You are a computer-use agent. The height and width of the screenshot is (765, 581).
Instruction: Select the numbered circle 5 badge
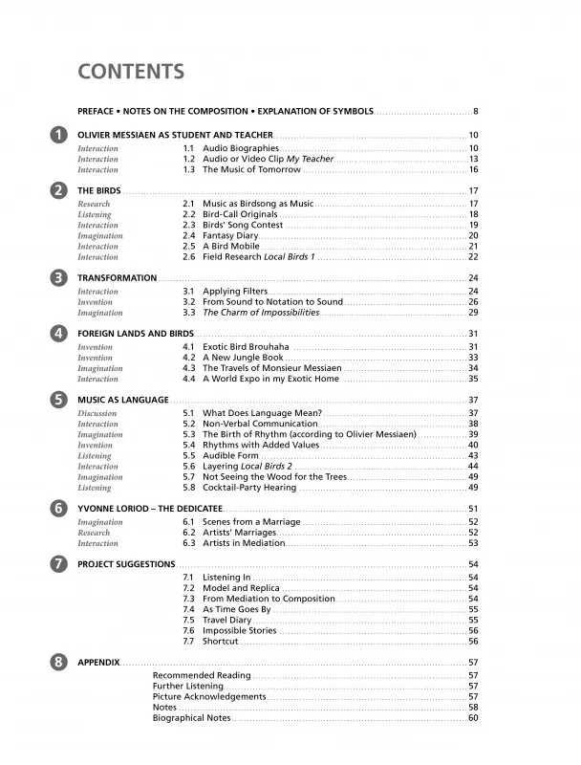(58, 399)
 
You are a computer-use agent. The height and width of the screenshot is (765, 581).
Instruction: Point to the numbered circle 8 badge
(58, 662)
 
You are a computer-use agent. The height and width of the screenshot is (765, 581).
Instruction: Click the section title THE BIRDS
(98, 191)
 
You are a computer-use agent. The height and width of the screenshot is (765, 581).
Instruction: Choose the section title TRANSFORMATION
(117, 278)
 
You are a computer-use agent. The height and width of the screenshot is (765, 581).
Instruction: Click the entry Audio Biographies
(240, 148)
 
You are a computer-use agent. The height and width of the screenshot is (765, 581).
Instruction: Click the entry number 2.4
(188, 235)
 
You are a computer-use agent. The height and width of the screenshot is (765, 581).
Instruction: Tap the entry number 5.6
(188, 466)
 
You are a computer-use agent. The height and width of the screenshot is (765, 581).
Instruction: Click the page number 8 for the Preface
(475, 112)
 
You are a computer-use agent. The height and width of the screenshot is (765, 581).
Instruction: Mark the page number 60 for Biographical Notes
(473, 718)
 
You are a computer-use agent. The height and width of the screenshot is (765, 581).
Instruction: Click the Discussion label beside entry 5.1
(97, 413)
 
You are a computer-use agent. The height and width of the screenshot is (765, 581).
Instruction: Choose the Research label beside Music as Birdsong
(94, 205)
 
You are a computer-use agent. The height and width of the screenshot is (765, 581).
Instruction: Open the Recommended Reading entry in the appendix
(201, 675)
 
